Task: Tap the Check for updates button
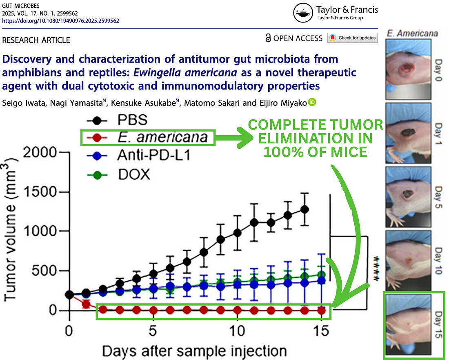352,38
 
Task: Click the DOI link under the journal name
60,20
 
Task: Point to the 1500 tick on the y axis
38,192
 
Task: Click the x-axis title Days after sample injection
194,351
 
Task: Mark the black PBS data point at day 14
304,209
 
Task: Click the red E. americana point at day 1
86,304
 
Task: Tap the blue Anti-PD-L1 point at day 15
321,280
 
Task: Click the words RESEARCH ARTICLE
36,40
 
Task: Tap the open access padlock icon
268,38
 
